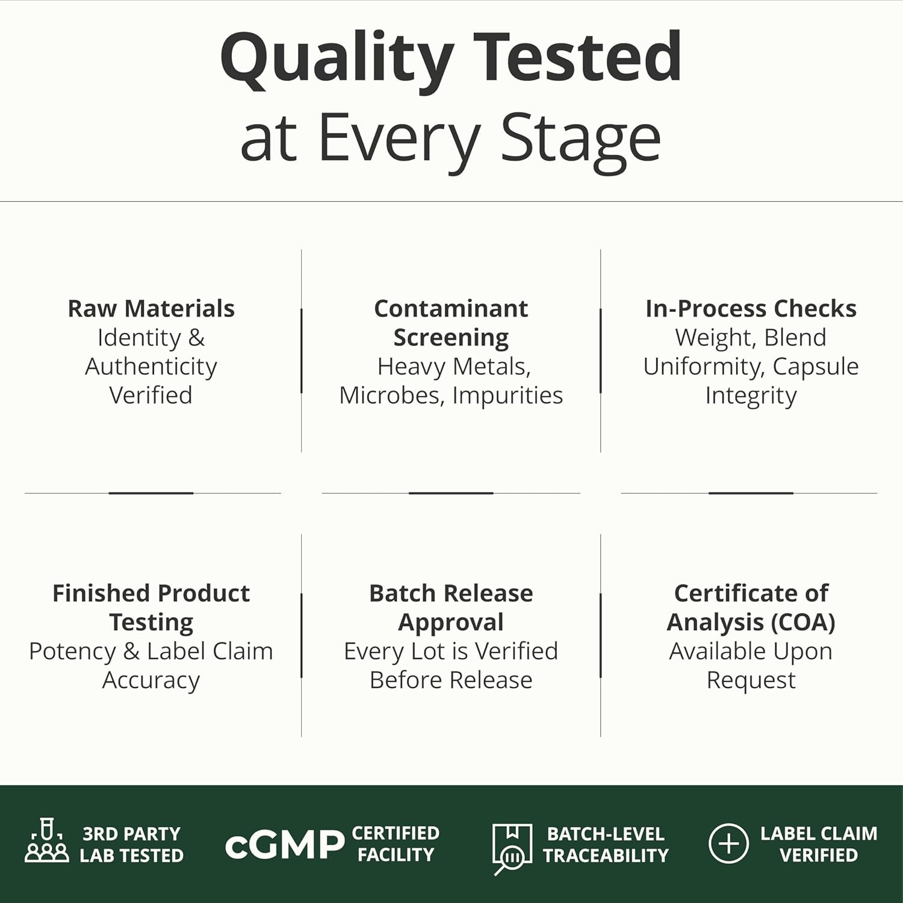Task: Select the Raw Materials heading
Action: pos(151,309)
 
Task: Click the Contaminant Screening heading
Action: pos(451,323)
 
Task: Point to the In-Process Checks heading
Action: pos(751,309)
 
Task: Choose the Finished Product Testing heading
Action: pos(151,608)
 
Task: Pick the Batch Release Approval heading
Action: pos(451,608)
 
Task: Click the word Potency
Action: pos(72,651)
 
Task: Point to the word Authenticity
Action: pos(151,367)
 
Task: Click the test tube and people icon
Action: pos(47,840)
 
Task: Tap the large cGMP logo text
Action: pos(284,845)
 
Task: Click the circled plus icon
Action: pos(728,843)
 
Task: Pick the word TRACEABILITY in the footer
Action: pos(606,855)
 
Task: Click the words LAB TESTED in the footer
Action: pos(132,855)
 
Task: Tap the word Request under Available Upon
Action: pos(751,681)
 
